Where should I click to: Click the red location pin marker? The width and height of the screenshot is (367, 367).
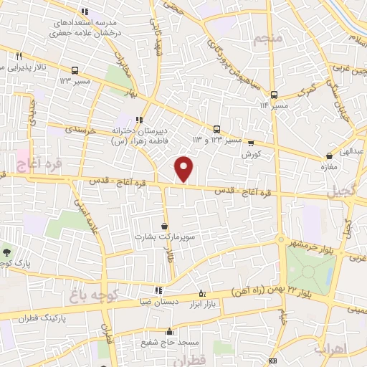[185, 168]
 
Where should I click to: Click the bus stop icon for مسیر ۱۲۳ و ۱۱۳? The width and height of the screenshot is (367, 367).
[216, 129]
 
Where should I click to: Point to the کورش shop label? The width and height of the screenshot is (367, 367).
[249, 154]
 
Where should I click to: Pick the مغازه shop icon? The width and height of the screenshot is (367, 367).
[329, 155]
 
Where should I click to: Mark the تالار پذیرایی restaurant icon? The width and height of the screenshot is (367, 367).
[19, 56]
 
